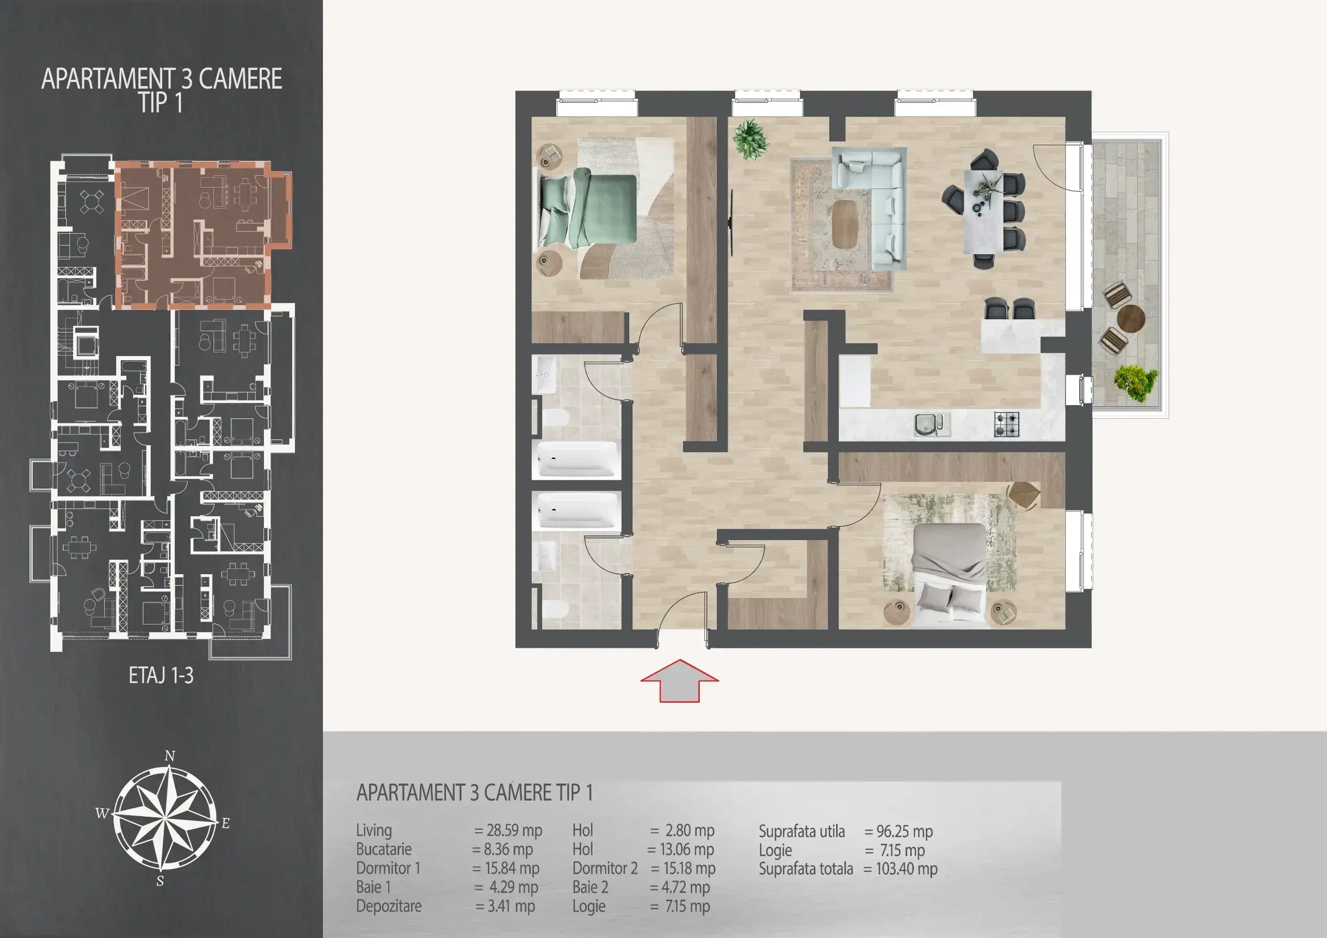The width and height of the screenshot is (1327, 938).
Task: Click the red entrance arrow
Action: coord(680,681)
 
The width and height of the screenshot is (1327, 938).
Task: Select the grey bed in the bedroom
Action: coord(949,576)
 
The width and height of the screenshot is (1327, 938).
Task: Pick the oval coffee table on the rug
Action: coord(845,224)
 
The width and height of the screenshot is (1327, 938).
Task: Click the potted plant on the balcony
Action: coord(1136,382)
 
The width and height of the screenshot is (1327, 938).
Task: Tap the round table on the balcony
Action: coord(1131,318)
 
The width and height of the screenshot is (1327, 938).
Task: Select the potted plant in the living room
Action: coord(750,139)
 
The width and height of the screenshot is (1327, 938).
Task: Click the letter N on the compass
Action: coord(170,756)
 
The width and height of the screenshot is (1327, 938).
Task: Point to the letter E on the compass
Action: coord(225,823)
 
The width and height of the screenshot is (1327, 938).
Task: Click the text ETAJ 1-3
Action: coord(161,676)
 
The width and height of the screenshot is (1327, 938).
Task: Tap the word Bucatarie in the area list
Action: coord(384,849)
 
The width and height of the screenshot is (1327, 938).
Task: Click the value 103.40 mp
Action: coord(906,869)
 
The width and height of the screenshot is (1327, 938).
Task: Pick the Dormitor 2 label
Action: coord(604,868)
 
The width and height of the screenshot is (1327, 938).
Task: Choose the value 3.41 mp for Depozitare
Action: coord(511,906)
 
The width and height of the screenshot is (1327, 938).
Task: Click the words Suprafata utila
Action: coord(801,832)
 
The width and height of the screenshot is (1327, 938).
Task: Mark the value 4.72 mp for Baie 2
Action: coord(685,887)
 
